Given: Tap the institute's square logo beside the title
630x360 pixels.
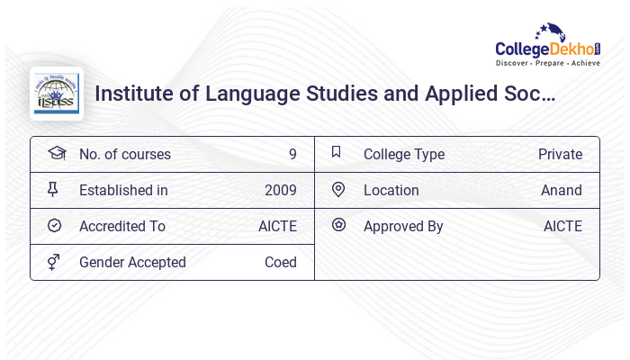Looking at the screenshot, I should coord(57,94).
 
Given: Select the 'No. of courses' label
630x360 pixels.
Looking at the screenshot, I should coord(125,154).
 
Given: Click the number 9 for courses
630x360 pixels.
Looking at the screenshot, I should coord(292,154).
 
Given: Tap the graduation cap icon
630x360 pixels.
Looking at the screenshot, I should coord(57,153).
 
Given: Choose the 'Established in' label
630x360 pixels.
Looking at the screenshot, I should coord(123,190).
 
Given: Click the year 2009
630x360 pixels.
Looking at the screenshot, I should coord(281,190).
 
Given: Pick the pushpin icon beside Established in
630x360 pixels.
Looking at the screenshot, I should coord(53,189).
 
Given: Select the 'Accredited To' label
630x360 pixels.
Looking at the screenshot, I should coord(122,226).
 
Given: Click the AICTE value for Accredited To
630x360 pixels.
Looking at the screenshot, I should coord(277,226).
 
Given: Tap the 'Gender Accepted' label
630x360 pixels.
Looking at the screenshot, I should coord(132,262).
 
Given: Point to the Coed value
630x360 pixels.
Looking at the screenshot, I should coord(281,262).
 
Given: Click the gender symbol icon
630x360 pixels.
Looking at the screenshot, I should coord(54,262).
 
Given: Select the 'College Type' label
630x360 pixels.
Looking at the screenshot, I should coord(404,154).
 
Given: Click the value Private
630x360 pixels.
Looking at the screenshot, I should coord(560,154).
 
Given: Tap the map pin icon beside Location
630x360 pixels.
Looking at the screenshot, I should coord(338,189).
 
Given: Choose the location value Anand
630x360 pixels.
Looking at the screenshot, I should coord(562,190).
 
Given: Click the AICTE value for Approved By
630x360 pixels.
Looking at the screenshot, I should coord(562,226).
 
